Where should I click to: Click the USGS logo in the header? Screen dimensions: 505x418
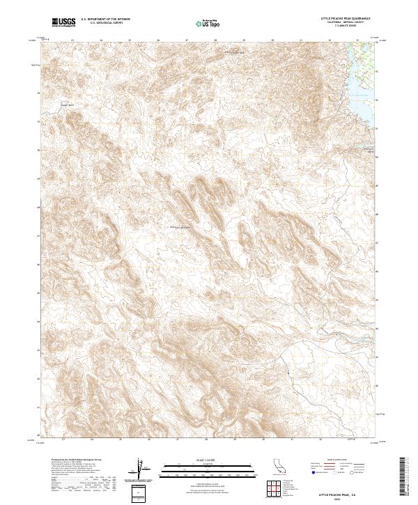click(x=65, y=22)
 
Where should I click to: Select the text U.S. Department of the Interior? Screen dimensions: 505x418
click(x=104, y=20)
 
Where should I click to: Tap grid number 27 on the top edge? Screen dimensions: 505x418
click(x=187, y=40)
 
